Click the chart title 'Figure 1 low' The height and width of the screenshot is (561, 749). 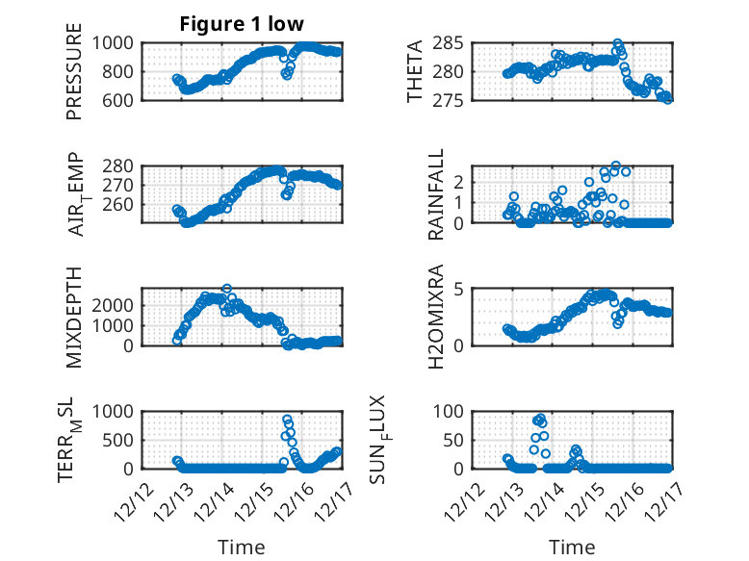click(242, 24)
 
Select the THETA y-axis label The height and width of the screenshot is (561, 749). click(415, 71)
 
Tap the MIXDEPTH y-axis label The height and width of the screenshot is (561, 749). click(74, 317)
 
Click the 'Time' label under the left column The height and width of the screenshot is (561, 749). click(242, 548)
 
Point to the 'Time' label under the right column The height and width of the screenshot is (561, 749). click(573, 548)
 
